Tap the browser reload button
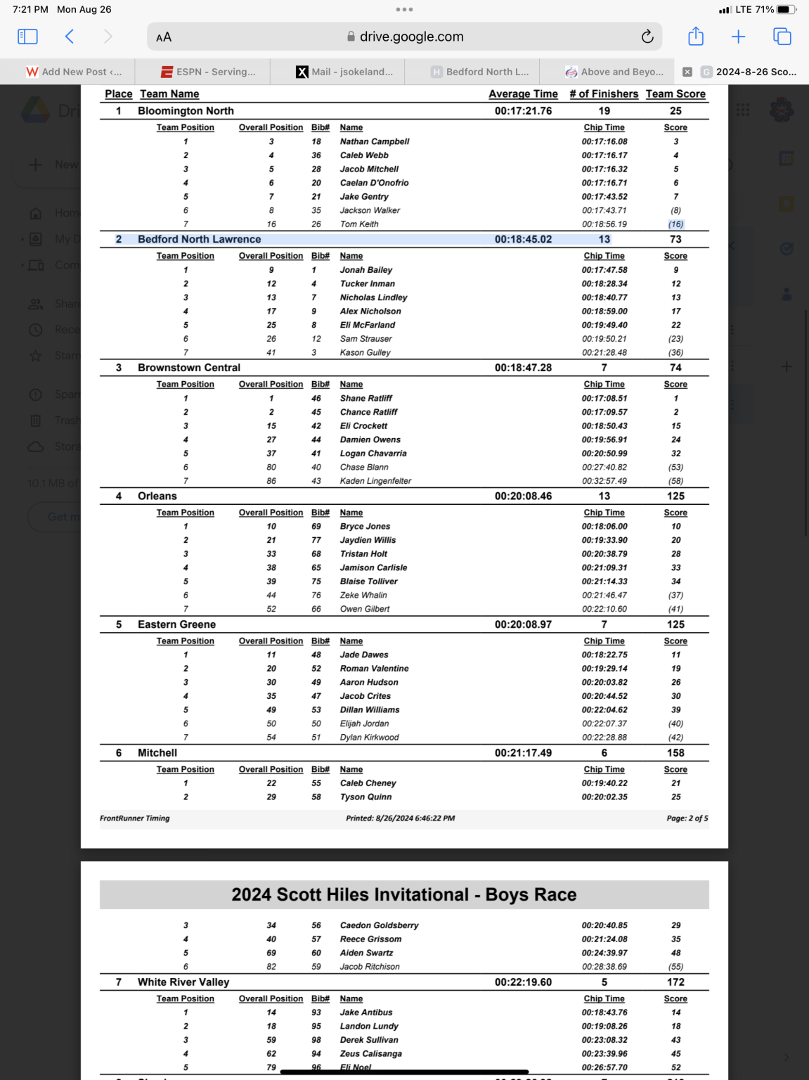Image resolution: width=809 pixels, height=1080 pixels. point(647,37)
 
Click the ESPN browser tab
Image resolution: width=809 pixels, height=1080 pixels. point(209,72)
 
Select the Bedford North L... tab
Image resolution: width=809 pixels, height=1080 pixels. point(481,72)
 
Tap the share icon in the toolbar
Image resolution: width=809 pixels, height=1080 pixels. point(695,37)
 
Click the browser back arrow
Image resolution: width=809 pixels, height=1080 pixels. point(70,37)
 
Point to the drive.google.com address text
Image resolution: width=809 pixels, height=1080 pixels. point(411,37)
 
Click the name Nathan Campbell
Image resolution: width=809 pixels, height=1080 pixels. point(375,141)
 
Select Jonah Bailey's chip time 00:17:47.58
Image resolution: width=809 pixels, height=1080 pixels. point(604,270)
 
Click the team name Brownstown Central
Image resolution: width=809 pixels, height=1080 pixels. point(189,368)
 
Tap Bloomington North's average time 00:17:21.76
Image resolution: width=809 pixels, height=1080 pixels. point(523,111)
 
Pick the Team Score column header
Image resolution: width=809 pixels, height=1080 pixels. point(675,94)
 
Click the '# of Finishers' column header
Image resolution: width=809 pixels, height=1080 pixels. point(604,94)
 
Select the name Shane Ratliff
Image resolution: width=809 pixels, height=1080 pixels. point(366,398)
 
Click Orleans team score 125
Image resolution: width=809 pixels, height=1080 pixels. point(675,496)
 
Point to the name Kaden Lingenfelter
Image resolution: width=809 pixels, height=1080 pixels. point(375,481)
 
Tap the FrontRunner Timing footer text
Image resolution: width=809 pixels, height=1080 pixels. point(135,818)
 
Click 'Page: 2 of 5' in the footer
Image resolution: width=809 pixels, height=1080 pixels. point(687,818)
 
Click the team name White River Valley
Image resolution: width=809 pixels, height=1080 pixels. point(183,982)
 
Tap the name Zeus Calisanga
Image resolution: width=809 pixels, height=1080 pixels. point(371,1054)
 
